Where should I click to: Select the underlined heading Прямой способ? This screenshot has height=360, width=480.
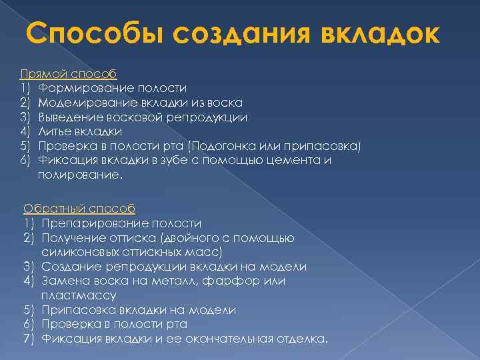(69, 73)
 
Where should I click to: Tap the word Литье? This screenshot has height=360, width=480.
(55, 131)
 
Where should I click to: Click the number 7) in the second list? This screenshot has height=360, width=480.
(29, 339)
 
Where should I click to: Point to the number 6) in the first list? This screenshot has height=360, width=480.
(26, 161)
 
